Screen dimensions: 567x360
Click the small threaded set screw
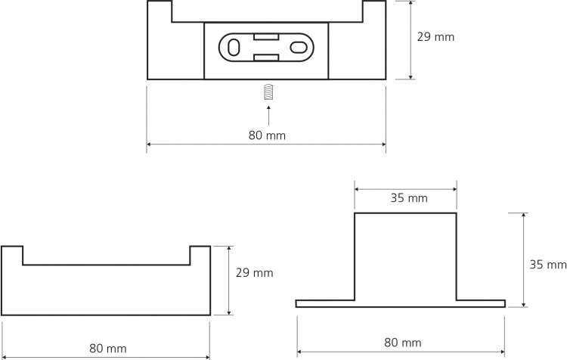coord(268,92)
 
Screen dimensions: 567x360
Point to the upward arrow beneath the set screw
coord(268,116)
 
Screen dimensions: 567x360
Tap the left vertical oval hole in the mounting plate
coord(234,48)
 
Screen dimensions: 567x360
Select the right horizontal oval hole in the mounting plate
coord(299,48)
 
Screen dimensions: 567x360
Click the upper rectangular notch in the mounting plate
coord(266,36)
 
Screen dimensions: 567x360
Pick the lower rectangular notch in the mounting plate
coord(266,58)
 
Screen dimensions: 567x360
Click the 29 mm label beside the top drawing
coord(435,37)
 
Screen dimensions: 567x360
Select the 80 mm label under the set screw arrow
coord(267,135)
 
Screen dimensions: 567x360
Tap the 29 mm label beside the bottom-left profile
coord(254,272)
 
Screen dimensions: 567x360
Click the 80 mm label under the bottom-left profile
coord(108,349)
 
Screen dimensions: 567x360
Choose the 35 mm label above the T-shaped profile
coord(409,198)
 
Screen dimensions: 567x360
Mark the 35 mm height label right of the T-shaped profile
coord(548,265)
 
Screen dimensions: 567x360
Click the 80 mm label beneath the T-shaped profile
coord(402,343)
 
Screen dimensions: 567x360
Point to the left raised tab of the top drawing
coord(160,11)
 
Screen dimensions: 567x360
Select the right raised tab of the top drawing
coord(374,11)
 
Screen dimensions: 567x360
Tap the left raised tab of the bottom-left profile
coord(12,256)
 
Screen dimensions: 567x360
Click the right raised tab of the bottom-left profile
coord(200,256)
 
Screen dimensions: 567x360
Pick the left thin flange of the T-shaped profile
coord(325,303)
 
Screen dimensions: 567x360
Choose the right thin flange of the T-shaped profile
coord(481,303)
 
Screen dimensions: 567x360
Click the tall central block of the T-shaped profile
coord(405,256)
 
